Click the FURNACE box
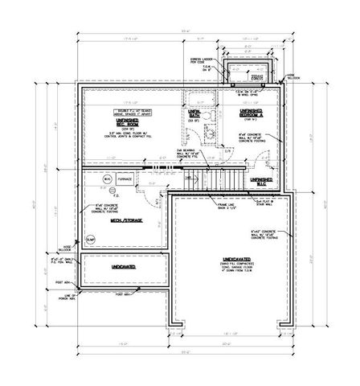(x=125, y=181)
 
